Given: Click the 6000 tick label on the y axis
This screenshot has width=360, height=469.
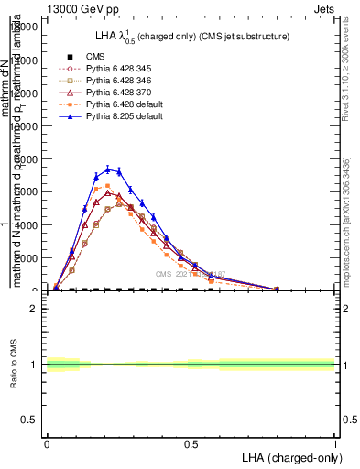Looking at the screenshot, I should coord(27,191).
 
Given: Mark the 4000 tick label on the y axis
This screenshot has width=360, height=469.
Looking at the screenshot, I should coord(27,224).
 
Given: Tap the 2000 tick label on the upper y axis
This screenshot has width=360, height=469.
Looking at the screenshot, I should coord(27,258).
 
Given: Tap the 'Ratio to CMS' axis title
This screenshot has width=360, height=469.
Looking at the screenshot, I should coord(13,365).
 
